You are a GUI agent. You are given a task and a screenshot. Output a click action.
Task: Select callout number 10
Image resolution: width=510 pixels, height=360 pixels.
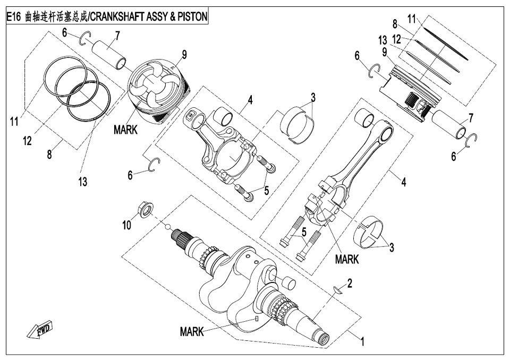[x=126, y=225]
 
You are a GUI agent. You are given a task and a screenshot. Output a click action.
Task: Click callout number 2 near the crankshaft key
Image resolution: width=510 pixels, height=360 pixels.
[x=350, y=283]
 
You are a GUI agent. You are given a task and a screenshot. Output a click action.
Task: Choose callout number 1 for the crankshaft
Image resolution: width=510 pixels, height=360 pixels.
[x=362, y=341]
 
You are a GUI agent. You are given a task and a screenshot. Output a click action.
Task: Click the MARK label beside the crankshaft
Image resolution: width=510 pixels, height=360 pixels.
[x=192, y=331]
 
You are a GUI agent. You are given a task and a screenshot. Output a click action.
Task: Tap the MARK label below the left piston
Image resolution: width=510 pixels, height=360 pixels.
[x=125, y=130]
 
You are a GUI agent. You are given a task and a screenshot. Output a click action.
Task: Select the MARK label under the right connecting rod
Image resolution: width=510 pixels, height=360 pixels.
[x=347, y=260]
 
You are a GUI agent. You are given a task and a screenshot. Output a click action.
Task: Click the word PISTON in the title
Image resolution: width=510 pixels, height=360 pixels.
[x=192, y=17]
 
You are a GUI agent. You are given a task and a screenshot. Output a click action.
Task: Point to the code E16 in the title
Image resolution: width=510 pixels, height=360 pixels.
[x=14, y=17]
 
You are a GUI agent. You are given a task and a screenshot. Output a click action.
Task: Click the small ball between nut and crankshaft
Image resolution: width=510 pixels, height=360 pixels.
[x=168, y=227]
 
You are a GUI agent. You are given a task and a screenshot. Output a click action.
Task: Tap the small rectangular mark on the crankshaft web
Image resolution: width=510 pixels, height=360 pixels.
[x=257, y=319]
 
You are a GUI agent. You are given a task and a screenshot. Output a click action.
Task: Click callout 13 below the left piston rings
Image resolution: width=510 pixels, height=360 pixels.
[x=83, y=182]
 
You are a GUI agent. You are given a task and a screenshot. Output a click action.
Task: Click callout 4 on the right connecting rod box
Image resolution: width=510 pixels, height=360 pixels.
[x=403, y=182]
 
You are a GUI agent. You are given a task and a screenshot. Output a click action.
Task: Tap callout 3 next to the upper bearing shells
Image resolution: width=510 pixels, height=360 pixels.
[x=313, y=97]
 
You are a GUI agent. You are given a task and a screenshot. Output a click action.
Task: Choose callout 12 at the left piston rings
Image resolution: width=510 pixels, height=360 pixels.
[x=28, y=141]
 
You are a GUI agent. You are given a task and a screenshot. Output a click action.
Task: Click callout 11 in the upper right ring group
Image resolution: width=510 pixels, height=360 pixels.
[x=412, y=19]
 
